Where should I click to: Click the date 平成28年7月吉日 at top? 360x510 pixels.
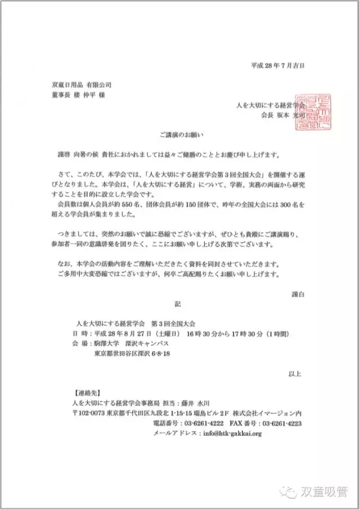[x=277, y=65]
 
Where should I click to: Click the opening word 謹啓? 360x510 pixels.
[x=58, y=154]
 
